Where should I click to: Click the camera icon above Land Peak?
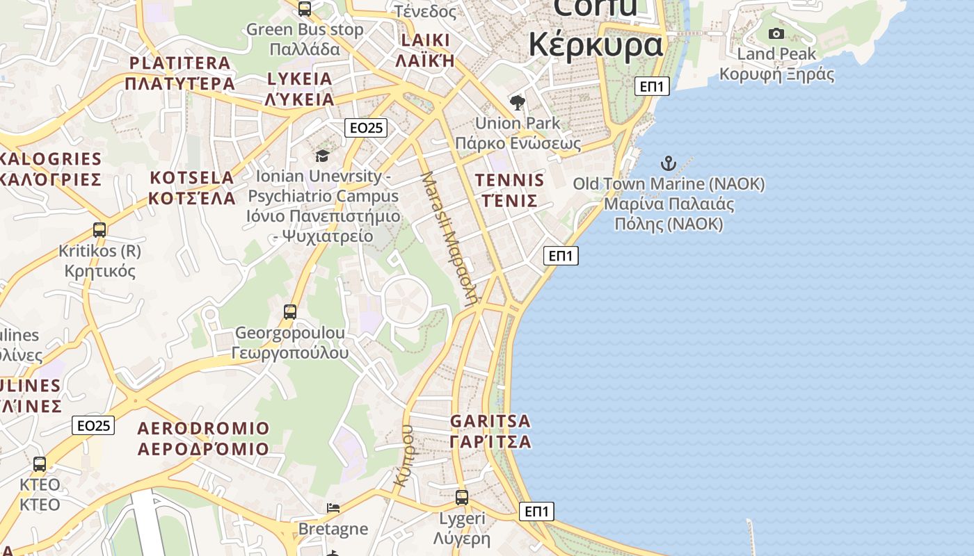tap(776, 33)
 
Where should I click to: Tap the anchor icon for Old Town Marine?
tap(668, 164)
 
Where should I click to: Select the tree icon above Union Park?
tap(517, 104)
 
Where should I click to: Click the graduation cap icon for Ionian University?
tap(322, 156)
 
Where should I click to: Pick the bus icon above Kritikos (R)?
tap(99, 230)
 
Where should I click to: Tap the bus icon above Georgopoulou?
tap(290, 312)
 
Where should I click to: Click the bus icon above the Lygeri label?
tap(462, 498)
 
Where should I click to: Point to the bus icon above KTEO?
tap(40, 464)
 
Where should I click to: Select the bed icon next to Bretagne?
tap(333, 508)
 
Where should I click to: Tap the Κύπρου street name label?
tap(404, 455)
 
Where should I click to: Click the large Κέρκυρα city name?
tap(596, 44)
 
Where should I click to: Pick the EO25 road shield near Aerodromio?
tap(93, 425)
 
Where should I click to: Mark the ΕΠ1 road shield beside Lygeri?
tap(536, 512)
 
